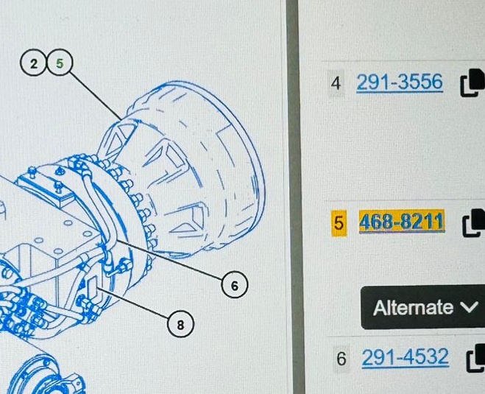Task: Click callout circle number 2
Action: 33,63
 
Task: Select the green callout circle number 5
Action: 60,63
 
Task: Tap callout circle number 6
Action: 235,285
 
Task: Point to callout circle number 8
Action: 180,325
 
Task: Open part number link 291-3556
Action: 400,82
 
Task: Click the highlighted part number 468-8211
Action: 402,221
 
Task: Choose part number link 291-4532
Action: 406,357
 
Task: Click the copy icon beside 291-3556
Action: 472,83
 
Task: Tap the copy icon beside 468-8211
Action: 474,223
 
